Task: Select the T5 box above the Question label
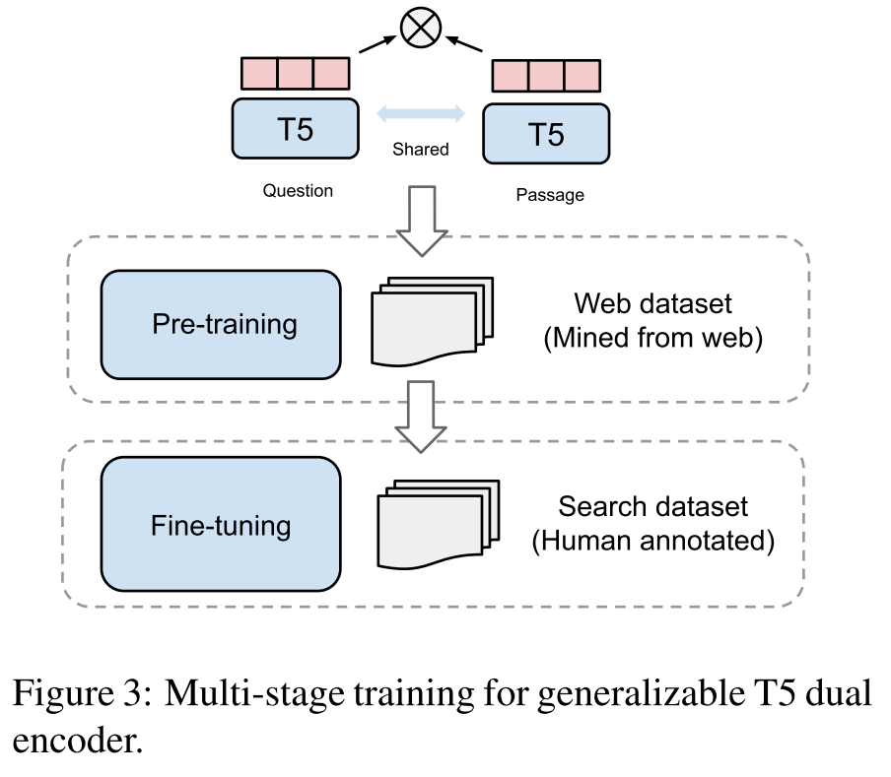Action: [x=296, y=129]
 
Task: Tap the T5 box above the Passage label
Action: [x=546, y=134]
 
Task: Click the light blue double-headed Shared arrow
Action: [x=421, y=114]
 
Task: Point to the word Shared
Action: [x=421, y=150]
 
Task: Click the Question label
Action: [x=298, y=190]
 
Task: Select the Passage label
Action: [x=550, y=195]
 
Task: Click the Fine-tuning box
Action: [x=221, y=525]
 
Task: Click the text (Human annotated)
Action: [x=652, y=542]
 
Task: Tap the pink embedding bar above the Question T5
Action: [x=296, y=74]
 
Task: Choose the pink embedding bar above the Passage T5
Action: [x=546, y=77]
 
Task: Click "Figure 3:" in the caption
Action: [x=79, y=694]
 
